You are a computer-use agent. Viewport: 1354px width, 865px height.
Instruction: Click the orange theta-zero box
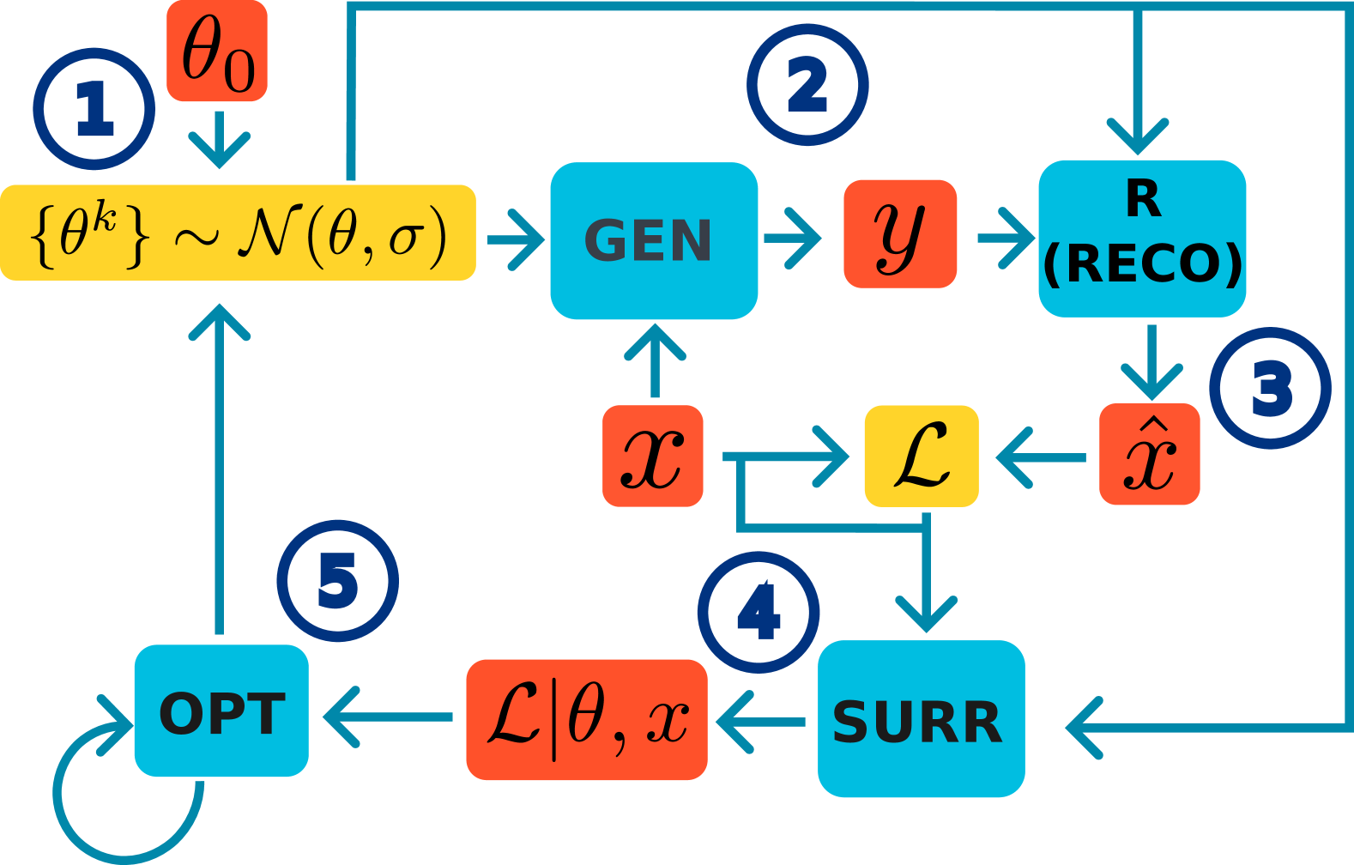pos(217,51)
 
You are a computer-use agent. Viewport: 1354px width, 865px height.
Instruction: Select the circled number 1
pos(94,109)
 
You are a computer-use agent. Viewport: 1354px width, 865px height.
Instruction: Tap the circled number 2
pos(807,85)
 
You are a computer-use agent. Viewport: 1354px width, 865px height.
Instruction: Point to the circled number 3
pos(1271,389)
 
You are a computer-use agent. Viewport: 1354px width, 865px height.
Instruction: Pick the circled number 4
pos(759,613)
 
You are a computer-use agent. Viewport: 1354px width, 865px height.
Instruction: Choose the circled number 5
pos(338,581)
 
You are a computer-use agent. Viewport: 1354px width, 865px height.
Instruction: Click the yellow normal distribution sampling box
pos(238,233)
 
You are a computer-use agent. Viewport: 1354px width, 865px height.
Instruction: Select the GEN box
pos(654,240)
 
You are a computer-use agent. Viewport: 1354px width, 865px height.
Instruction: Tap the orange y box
pos(900,233)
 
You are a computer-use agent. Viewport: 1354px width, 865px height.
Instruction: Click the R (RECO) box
pos(1142,239)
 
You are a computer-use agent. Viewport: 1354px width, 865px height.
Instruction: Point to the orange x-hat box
pos(1150,455)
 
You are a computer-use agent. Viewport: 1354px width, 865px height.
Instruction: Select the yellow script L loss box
pos(922,456)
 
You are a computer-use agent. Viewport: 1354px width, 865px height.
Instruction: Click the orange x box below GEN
pos(653,456)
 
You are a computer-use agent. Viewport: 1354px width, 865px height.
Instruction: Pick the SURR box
pos(921,719)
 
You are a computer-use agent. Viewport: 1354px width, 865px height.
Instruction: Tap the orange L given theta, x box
pos(587,719)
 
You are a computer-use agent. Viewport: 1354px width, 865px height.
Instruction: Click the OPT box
pos(221,711)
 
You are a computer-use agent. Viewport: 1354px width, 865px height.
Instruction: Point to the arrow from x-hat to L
pos(1040,457)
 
